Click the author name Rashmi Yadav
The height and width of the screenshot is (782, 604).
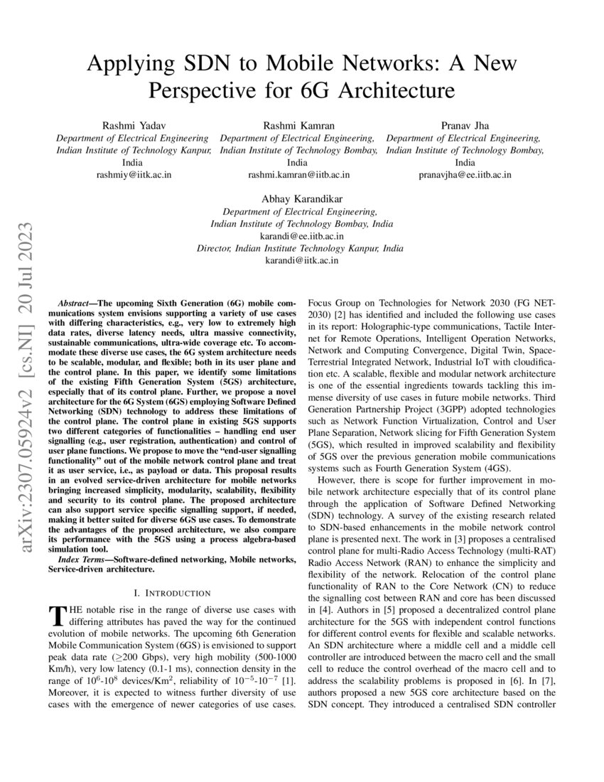pyautogui.click(x=133, y=125)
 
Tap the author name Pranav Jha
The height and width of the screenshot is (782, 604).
pyautogui.click(x=465, y=125)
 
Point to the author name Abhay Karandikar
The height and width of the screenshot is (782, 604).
pyautogui.click(x=301, y=198)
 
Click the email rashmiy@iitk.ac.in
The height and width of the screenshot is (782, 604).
pyautogui.click(x=133, y=174)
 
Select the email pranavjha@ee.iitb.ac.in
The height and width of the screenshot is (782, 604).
pyautogui.click(x=465, y=174)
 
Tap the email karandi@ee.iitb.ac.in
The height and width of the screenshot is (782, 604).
pyautogui.click(x=301, y=236)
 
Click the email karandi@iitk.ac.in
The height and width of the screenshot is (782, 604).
pyautogui.click(x=301, y=261)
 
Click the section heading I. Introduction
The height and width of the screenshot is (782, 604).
pyautogui.click(x=172, y=593)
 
